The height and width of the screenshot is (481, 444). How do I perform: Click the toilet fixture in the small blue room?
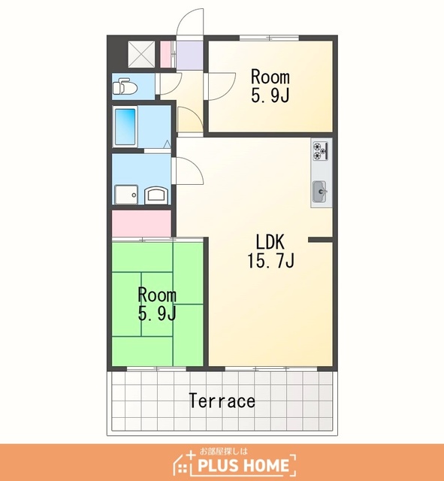click(x=125, y=86)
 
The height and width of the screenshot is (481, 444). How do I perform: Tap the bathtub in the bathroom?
click(x=125, y=127)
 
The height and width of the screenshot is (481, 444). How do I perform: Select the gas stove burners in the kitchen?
click(x=321, y=151)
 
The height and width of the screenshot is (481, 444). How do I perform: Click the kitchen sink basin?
click(x=320, y=192)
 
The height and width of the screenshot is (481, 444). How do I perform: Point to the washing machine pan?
click(x=126, y=195)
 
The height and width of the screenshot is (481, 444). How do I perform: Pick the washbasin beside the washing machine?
click(x=156, y=195)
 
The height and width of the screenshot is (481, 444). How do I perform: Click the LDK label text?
click(x=270, y=242)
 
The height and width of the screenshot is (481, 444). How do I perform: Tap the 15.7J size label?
click(x=270, y=261)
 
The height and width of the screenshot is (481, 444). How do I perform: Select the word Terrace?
click(x=222, y=401)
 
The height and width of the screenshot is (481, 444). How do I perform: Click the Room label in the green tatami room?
click(x=157, y=295)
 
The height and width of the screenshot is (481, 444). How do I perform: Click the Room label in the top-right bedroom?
click(x=270, y=77)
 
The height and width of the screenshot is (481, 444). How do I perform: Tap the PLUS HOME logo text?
click(x=243, y=465)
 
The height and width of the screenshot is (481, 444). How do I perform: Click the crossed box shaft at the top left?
click(x=141, y=54)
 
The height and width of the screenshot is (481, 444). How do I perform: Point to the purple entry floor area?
click(x=190, y=56)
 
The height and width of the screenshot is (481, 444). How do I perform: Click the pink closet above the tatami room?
click(x=141, y=223)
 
